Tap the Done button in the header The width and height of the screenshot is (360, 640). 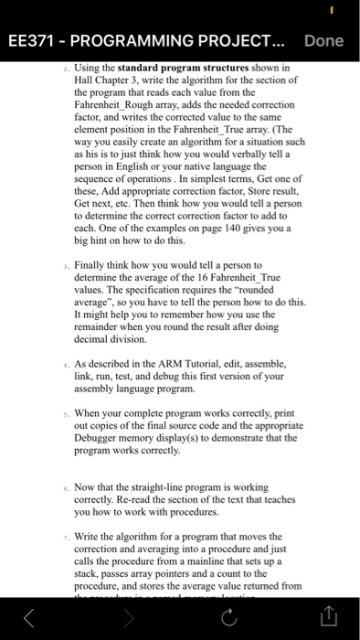click(x=323, y=41)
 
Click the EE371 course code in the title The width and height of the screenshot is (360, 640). click(x=34, y=41)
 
